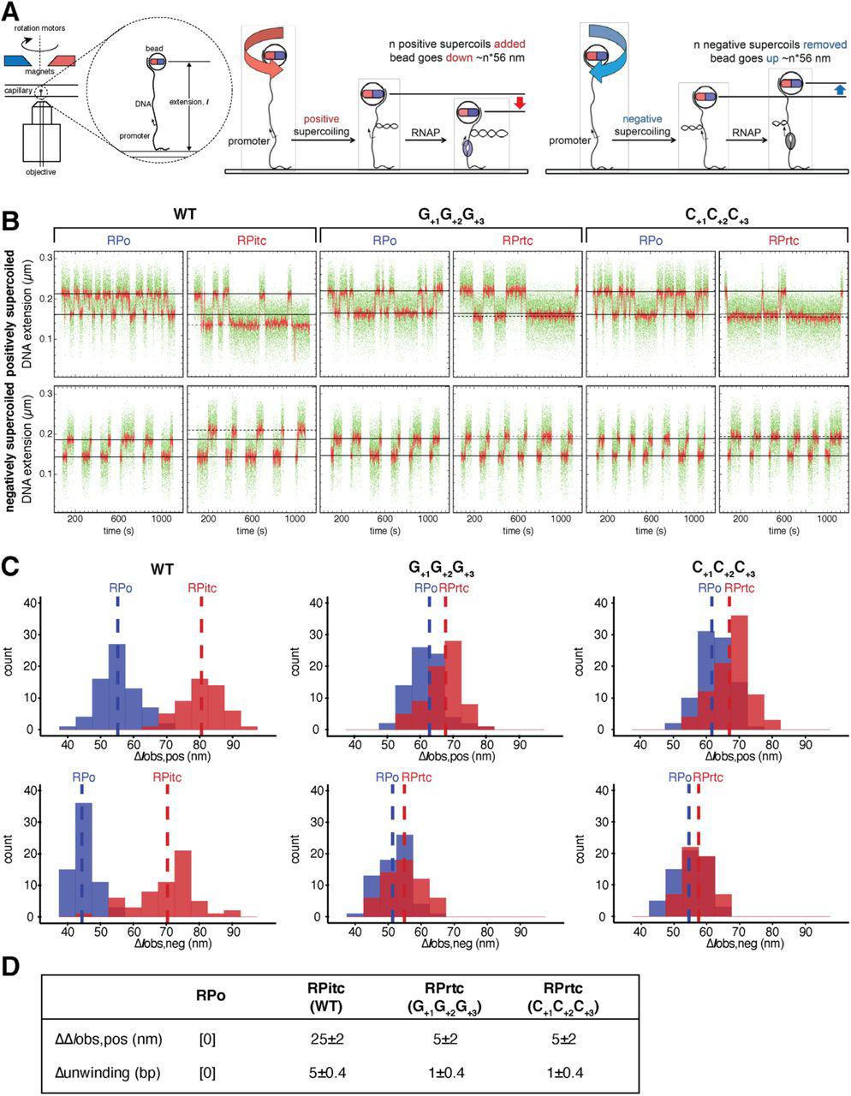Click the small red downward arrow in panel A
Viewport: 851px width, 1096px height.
(x=520, y=104)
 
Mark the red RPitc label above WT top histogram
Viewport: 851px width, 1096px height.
(x=202, y=588)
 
